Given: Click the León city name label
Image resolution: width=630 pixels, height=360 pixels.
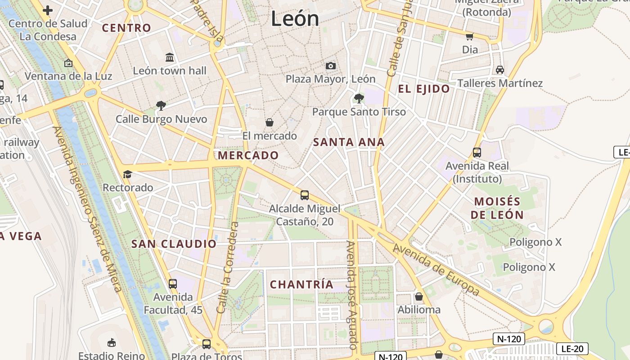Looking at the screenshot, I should point(295,19).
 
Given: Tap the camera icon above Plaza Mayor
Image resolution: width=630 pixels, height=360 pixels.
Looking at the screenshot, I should point(331,66).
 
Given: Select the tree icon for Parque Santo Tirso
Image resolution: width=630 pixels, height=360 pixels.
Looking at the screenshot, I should point(359,98).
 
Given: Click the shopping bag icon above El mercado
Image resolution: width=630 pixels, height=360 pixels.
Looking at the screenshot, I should point(270,122).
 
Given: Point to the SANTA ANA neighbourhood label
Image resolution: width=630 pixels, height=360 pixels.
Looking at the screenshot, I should point(349,142).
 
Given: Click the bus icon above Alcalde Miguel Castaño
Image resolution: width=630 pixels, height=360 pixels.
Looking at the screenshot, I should point(305,195).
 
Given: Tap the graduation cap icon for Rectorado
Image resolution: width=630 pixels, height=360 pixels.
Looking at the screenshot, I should point(128,174).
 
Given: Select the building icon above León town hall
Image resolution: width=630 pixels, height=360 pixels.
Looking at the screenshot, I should point(170,57).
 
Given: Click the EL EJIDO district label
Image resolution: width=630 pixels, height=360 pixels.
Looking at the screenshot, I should point(424,89).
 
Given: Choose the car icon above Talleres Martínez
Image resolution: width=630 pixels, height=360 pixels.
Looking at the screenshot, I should point(499,70).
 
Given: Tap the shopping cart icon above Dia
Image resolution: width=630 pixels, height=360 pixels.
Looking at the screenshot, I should point(470,36).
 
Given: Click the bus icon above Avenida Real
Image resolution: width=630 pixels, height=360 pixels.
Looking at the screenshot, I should point(477,153).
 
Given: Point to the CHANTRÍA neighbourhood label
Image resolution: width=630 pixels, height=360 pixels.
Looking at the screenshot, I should point(301,284).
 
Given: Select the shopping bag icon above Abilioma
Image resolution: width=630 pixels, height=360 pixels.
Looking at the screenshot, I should point(419,297).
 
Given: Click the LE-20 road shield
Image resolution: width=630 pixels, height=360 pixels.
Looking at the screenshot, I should point(572,348).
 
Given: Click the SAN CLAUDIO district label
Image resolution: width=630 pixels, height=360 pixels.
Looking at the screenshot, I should point(174,244).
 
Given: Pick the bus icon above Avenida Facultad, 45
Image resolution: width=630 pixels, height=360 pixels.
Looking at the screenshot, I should point(173,284).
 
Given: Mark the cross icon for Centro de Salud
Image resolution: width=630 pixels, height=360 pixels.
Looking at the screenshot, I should point(48,10).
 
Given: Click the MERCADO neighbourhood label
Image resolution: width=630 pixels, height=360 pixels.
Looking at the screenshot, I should point(248,155).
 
